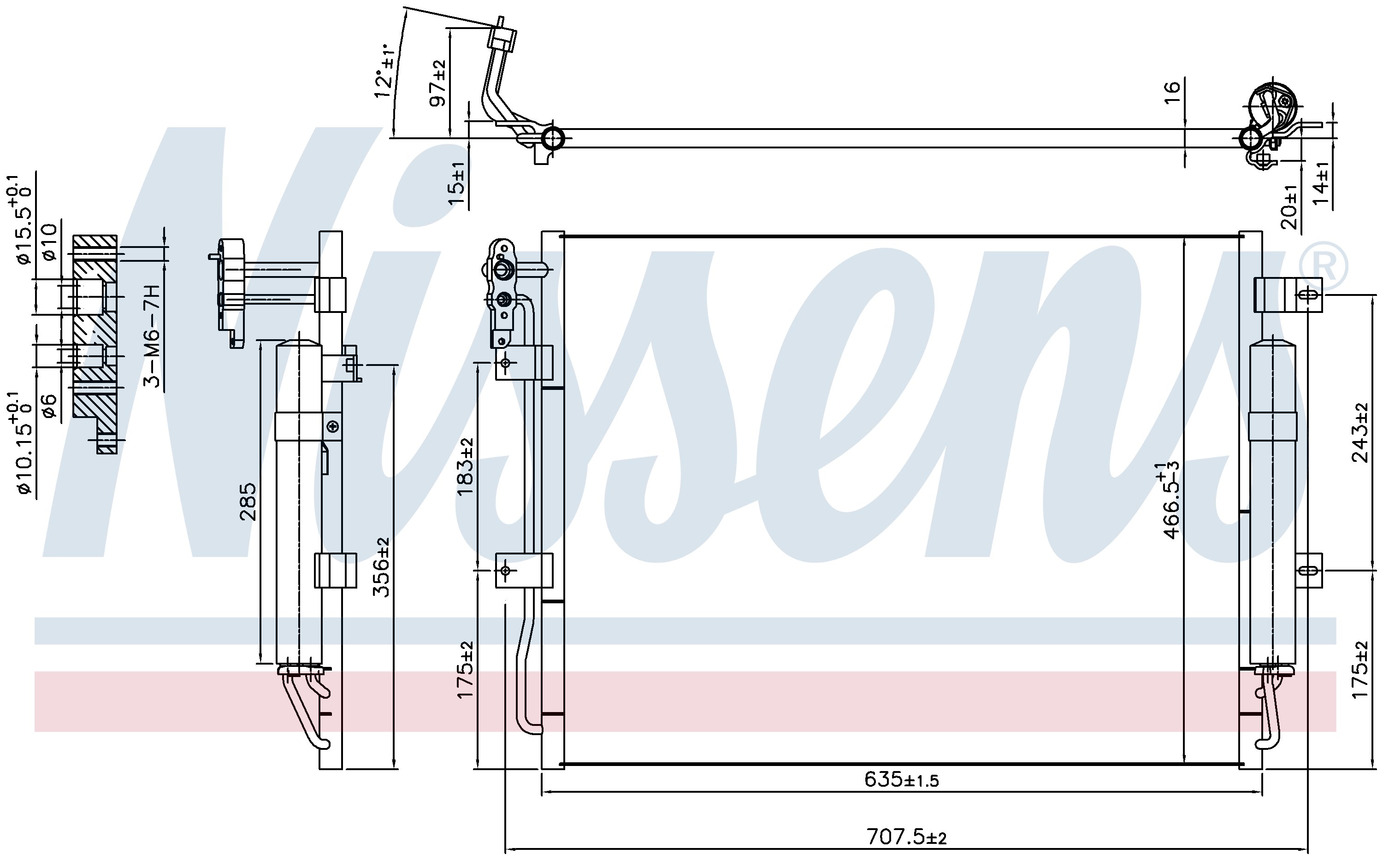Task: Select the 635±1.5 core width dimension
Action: click(902, 779)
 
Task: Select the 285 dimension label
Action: click(248, 501)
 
